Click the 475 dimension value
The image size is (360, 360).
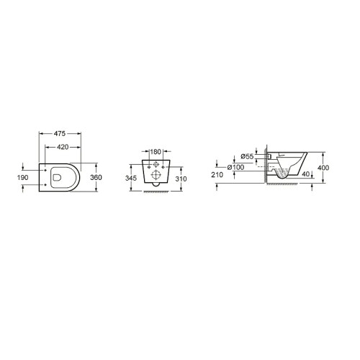click(60, 133)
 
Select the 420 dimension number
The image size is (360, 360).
click(63, 147)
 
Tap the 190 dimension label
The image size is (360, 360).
click(23, 178)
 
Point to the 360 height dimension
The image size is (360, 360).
click(96, 177)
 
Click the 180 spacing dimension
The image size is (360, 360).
click(156, 152)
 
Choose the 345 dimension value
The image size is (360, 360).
click(131, 178)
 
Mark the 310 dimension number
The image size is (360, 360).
click(181, 179)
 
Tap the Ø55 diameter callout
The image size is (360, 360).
click(247, 156)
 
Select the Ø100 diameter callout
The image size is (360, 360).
click(235, 167)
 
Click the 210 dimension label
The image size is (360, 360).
click(217, 175)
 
